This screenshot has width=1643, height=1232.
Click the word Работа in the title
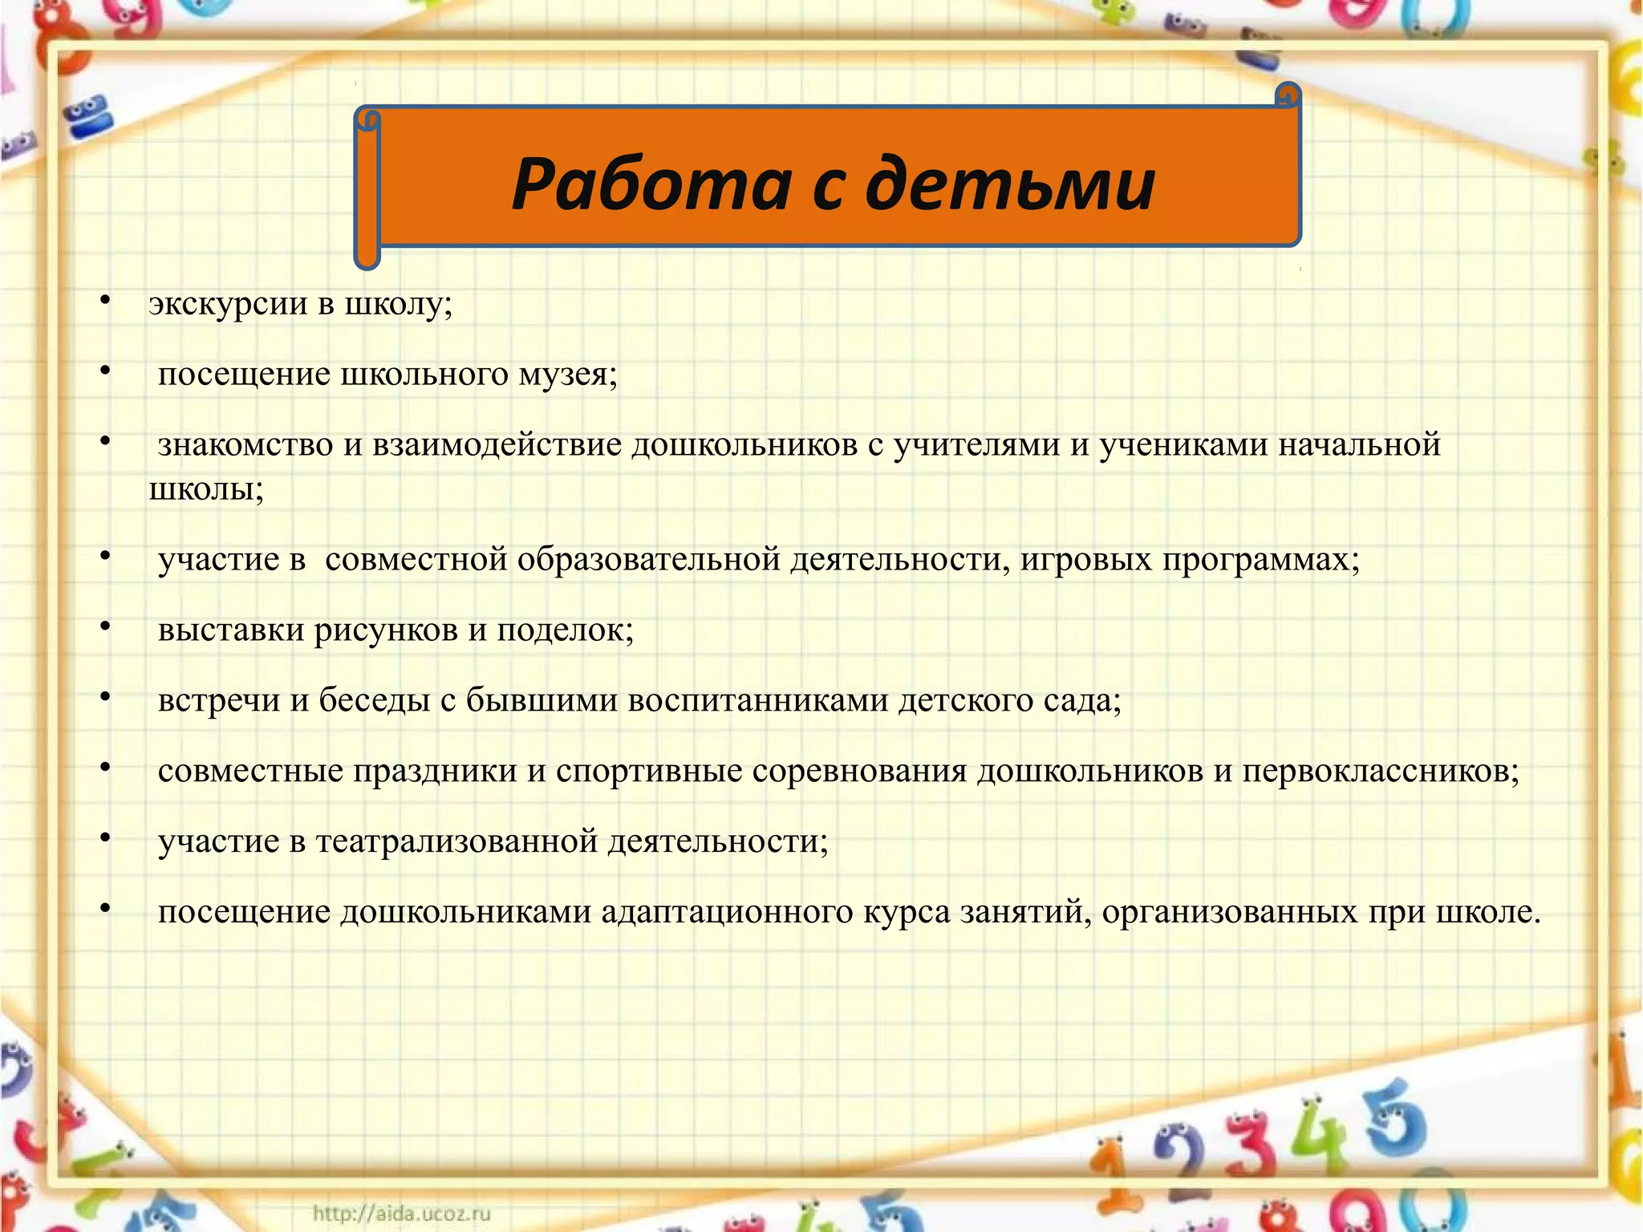651,184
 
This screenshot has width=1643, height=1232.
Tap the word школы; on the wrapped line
206,489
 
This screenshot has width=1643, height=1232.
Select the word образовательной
648,559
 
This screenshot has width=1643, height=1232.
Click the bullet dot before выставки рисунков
105,626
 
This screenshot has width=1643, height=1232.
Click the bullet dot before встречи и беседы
105,697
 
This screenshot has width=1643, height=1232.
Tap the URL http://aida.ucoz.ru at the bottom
401,1213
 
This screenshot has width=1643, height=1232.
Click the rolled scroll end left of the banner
367,188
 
